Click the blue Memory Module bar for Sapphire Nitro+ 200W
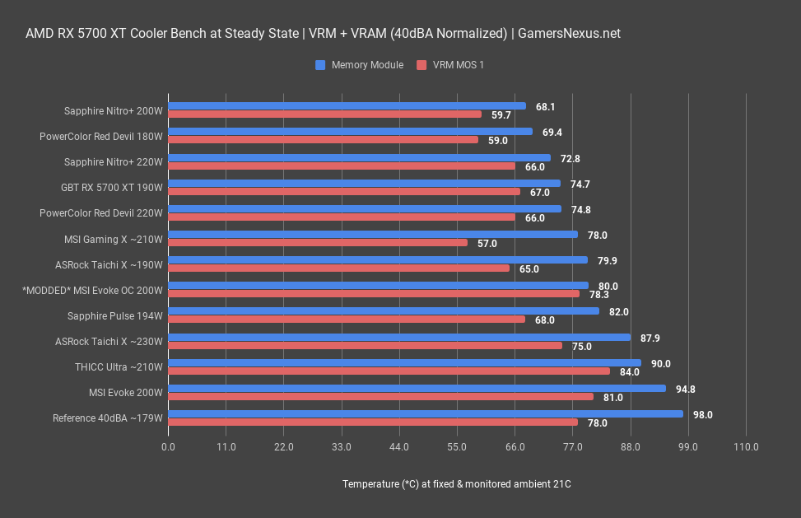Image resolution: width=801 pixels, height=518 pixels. pos(347,105)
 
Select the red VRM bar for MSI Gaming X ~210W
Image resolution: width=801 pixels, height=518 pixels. pos(318,243)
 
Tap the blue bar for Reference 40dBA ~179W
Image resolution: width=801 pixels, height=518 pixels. pos(426,414)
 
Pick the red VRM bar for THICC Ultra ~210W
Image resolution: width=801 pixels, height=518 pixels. pos(389,371)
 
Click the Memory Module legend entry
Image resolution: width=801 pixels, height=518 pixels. pos(359,65)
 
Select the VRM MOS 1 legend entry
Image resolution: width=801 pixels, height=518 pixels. pos(450,65)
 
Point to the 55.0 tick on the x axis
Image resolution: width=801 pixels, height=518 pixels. pos(457,447)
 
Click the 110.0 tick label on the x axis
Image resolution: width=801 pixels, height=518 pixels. pos(746,447)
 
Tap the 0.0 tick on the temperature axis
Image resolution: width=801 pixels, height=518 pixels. pos(168,447)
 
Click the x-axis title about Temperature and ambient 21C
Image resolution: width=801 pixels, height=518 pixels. pos(457,484)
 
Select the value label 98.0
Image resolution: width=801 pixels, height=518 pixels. pos(702,415)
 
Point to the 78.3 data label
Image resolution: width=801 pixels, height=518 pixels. pos(598,295)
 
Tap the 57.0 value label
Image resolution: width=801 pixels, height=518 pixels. pos(487,244)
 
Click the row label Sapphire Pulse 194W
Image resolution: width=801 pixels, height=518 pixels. pos(116,315)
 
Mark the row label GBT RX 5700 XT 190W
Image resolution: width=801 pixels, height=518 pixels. pos(112,187)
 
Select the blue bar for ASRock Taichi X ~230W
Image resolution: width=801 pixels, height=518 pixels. pos(399,337)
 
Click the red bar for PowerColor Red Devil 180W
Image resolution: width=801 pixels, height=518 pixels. pos(323,140)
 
